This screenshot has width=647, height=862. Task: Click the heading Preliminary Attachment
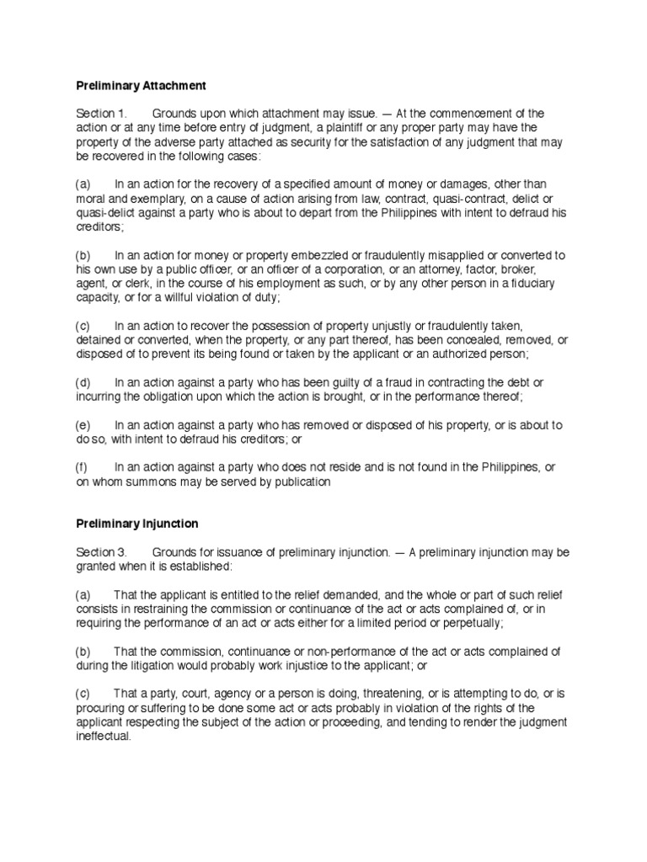[141, 86]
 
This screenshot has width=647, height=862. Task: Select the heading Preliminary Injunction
[137, 524]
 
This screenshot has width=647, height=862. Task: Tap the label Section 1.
[100, 113]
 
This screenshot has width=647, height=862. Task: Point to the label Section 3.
[100, 552]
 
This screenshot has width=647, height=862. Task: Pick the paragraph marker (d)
[83, 383]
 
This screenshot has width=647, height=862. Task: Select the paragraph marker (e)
[83, 425]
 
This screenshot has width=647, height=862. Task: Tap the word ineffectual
[103, 736]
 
